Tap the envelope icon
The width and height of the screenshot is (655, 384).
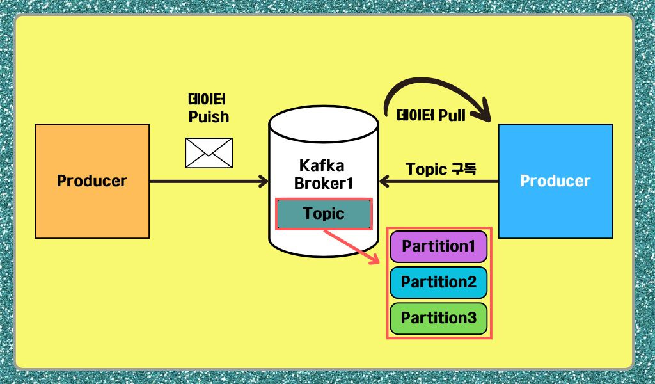click(x=209, y=153)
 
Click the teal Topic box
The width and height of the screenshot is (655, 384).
click(x=324, y=214)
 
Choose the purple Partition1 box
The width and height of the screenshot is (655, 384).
click(x=438, y=246)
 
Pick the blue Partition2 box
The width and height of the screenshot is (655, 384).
click(x=438, y=282)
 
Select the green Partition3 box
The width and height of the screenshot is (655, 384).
click(x=438, y=317)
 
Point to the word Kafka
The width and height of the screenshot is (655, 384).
click(x=322, y=166)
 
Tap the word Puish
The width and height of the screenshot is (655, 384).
click(x=209, y=117)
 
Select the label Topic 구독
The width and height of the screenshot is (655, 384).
click(x=441, y=170)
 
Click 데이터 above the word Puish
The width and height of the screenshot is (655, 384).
click(x=209, y=100)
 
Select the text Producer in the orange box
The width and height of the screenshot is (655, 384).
click(x=92, y=181)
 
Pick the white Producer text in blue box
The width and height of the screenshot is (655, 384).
click(x=555, y=181)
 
